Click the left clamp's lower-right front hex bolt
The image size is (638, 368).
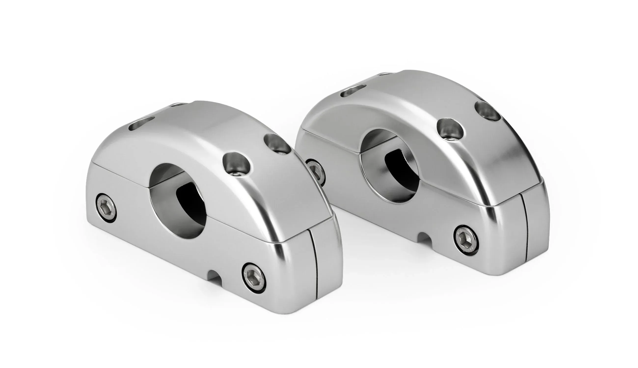point(254,276)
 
